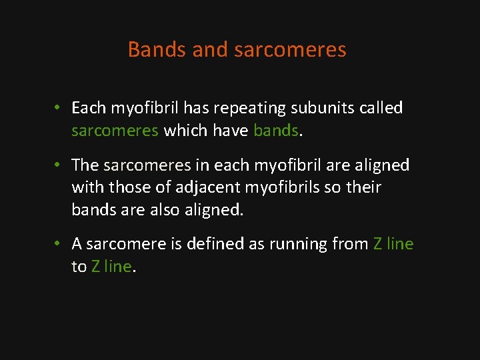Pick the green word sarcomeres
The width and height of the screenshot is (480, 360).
[x=114, y=131]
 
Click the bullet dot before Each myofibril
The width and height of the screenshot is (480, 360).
[x=59, y=108]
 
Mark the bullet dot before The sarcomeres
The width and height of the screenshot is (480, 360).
[x=59, y=165]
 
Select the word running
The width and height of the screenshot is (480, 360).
[x=296, y=245]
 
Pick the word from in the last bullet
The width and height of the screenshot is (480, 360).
[x=349, y=245]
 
